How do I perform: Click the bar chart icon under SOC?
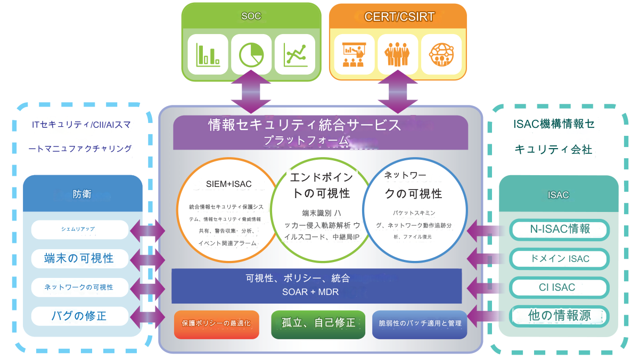(208, 54)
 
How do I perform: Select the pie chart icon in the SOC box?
(251, 54)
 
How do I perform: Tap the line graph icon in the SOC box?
(294, 54)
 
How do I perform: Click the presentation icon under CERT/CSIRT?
(354, 54)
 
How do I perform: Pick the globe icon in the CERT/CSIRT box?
(441, 54)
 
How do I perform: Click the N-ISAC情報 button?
(560, 230)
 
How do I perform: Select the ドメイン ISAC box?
(560, 259)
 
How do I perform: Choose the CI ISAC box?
(560, 288)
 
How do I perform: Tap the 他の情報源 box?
(560, 316)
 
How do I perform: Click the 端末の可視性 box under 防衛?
(79, 258)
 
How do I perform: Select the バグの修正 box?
(79, 316)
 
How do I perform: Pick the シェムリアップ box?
(79, 230)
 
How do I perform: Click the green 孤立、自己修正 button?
(318, 323)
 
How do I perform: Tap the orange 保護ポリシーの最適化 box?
(216, 323)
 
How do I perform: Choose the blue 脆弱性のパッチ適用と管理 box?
(420, 323)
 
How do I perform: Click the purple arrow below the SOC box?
(251, 95)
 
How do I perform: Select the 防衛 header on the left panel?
(82, 194)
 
